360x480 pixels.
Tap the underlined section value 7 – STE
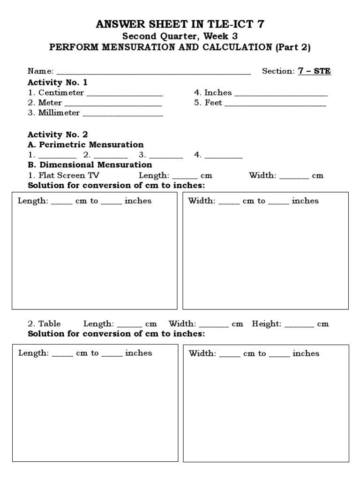click(x=315, y=71)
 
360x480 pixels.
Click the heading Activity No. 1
click(x=58, y=82)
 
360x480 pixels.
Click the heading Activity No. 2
click(x=58, y=135)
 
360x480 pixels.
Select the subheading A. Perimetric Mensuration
click(x=85, y=144)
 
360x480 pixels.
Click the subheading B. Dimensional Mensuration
click(x=90, y=165)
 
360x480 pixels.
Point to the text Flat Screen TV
click(x=69, y=175)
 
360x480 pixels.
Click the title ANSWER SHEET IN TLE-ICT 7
click(x=180, y=25)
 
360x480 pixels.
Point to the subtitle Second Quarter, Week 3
click(x=180, y=37)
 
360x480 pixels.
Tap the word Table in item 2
click(x=50, y=324)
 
